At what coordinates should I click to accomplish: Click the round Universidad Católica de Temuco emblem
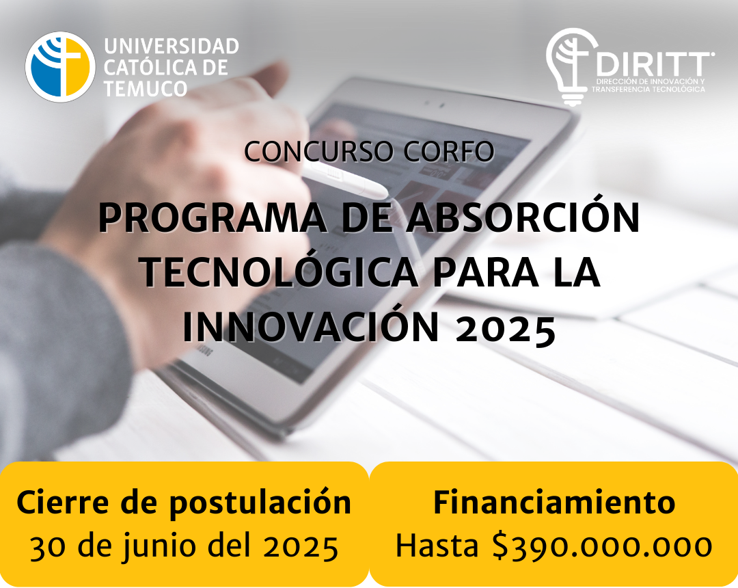pyautogui.click(x=60, y=66)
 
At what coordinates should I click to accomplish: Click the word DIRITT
pyautogui.click(x=654, y=64)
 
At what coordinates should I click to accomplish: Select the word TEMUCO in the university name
pyautogui.click(x=146, y=88)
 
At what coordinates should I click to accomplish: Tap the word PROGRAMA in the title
pyautogui.click(x=212, y=218)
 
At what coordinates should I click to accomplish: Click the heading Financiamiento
pyautogui.click(x=554, y=503)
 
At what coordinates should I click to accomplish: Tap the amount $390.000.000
pyautogui.click(x=602, y=546)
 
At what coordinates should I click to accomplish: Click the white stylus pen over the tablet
pyautogui.click(x=344, y=181)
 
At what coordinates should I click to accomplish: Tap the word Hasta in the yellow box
pyautogui.click(x=437, y=546)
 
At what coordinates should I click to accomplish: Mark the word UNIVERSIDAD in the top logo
pyautogui.click(x=172, y=46)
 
